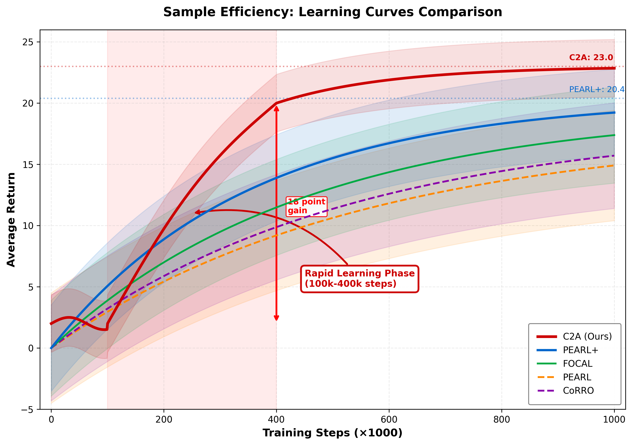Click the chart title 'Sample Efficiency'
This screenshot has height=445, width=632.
pyautogui.click(x=333, y=12)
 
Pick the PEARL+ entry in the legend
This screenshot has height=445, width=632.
pyautogui.click(x=580, y=350)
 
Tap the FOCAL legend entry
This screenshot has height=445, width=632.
pyautogui.click(x=577, y=364)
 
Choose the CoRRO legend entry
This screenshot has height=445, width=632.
pyautogui.click(x=578, y=390)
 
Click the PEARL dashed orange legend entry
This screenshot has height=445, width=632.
pyautogui.click(x=577, y=377)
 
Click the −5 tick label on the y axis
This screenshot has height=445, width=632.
pyautogui.click(x=27, y=409)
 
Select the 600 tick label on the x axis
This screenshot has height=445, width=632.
pyautogui.click(x=389, y=420)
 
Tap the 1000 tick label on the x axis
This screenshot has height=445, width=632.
pyautogui.click(x=614, y=420)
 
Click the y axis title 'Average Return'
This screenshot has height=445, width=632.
pyautogui.click(x=11, y=219)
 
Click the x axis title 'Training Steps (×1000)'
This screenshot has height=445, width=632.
pyautogui.click(x=333, y=433)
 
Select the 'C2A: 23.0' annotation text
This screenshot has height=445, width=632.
pyautogui.click(x=591, y=58)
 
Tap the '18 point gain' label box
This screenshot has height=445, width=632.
pyautogui.click(x=306, y=206)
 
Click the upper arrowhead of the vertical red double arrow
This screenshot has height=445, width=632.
pyautogui.click(x=276, y=108)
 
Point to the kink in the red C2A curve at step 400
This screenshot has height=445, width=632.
pyautogui.click(x=276, y=103)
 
